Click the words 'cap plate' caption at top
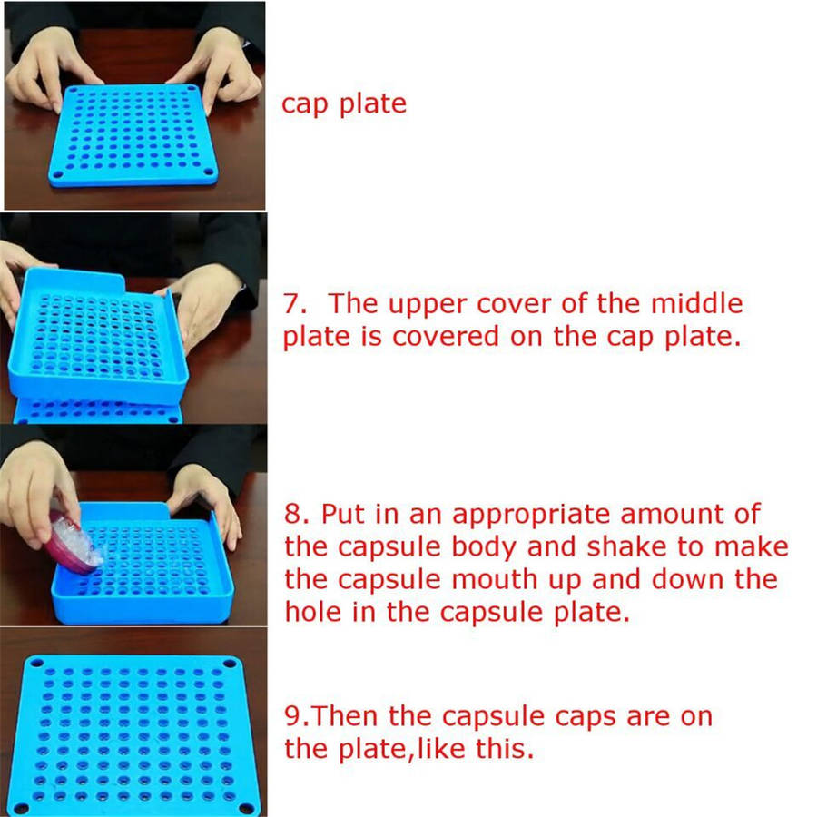(344, 104)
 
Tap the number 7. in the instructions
(295, 304)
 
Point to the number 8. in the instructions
(297, 514)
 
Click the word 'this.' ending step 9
(505, 748)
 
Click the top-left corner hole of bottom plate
(36, 663)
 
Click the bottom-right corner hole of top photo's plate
(209, 172)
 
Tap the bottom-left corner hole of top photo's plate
(58, 174)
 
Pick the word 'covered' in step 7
(446, 336)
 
